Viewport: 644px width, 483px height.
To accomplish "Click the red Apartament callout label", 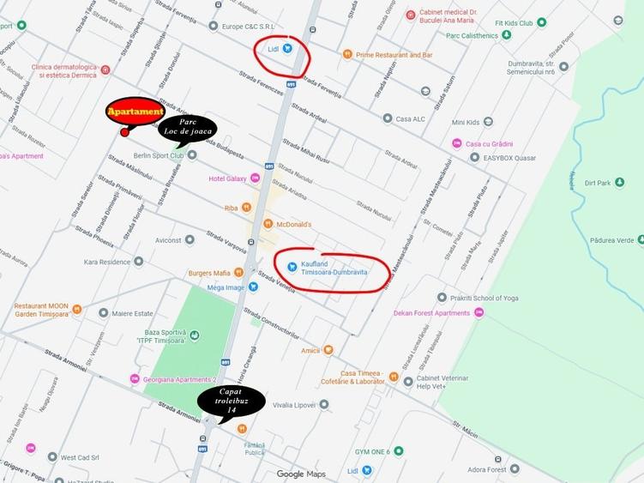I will (135, 112).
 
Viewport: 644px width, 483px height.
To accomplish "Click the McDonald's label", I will (292, 225).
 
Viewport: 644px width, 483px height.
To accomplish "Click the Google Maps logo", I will (301, 474).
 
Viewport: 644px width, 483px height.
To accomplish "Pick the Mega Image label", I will (226, 287).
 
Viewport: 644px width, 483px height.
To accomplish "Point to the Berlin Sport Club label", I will (159, 155).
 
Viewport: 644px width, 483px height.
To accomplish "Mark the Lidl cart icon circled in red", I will (287, 49).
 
